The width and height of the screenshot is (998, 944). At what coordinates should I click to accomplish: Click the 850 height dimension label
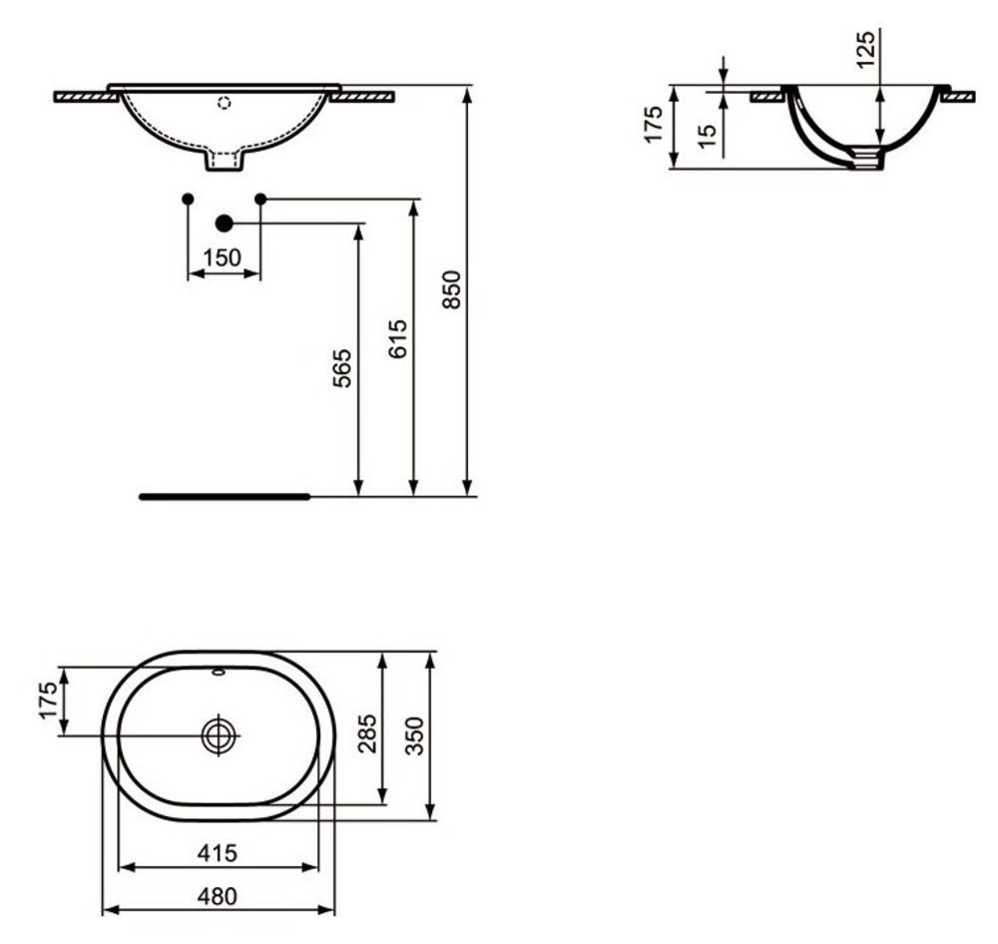(x=451, y=289)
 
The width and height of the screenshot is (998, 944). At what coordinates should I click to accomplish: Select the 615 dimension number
(x=397, y=338)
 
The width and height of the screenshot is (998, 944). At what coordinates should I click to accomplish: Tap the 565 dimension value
(x=342, y=367)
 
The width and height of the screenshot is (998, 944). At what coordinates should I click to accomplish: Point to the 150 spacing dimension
(x=223, y=257)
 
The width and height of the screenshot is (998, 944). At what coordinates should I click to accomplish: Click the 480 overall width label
(x=217, y=896)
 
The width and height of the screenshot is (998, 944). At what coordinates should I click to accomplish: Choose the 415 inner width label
(x=217, y=852)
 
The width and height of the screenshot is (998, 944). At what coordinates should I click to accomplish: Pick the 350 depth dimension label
(x=414, y=735)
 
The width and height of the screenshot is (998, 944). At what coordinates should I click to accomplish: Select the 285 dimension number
(x=367, y=733)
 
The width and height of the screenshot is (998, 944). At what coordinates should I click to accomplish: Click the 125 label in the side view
(x=865, y=49)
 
